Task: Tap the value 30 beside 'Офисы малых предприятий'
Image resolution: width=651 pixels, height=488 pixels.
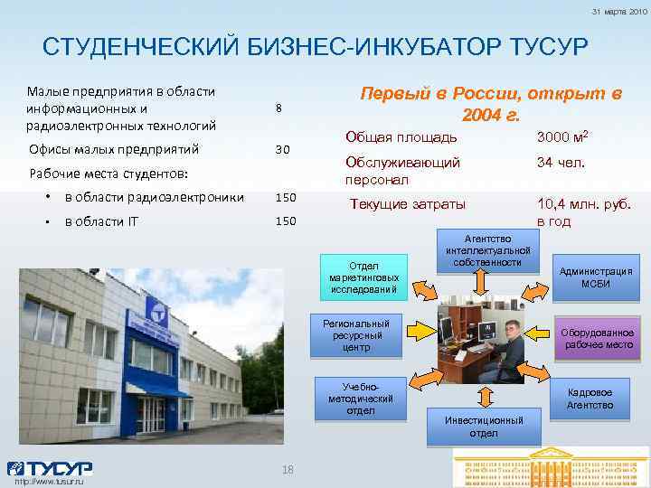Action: click(x=282, y=149)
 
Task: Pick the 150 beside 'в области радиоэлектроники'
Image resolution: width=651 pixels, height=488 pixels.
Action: click(x=286, y=197)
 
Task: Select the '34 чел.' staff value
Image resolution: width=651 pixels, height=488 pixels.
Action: click(x=561, y=163)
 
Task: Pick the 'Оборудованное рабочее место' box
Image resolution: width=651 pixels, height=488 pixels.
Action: click(x=598, y=337)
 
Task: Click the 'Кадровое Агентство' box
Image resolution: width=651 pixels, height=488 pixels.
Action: click(x=590, y=399)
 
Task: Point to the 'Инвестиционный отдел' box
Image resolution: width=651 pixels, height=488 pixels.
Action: click(x=483, y=426)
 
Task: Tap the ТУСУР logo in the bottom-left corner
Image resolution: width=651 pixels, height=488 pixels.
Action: click(x=50, y=468)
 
